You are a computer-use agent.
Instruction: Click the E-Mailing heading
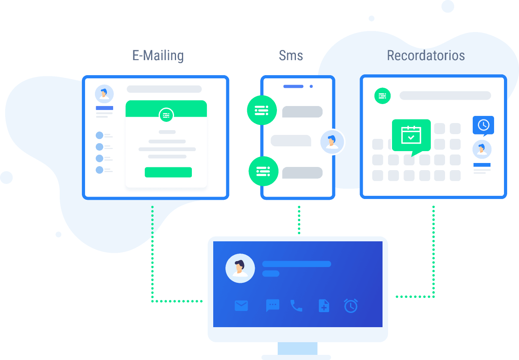point(158,56)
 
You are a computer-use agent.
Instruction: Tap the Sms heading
point(291,55)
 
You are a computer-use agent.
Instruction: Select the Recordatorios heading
point(426,55)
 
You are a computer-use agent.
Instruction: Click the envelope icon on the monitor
point(241,306)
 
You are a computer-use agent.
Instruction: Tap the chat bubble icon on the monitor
point(273,305)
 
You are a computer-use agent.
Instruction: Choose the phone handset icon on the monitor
point(296,305)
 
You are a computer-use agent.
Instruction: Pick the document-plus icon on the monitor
point(324,305)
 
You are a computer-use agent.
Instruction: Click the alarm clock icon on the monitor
point(351,305)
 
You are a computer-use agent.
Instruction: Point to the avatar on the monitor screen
point(240,268)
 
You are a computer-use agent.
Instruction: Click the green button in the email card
point(168,172)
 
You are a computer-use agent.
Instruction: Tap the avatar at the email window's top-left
point(104,94)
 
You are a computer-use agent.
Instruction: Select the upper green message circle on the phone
point(262,110)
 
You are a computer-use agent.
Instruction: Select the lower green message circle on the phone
point(263,171)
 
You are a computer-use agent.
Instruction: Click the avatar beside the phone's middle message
point(332,142)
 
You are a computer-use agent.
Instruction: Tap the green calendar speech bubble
point(411,136)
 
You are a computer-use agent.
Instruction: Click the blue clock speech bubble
point(483,125)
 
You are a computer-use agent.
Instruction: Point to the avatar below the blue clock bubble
point(482,150)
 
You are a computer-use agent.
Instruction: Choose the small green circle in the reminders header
point(383,96)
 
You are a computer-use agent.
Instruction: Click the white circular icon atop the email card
point(166,115)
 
